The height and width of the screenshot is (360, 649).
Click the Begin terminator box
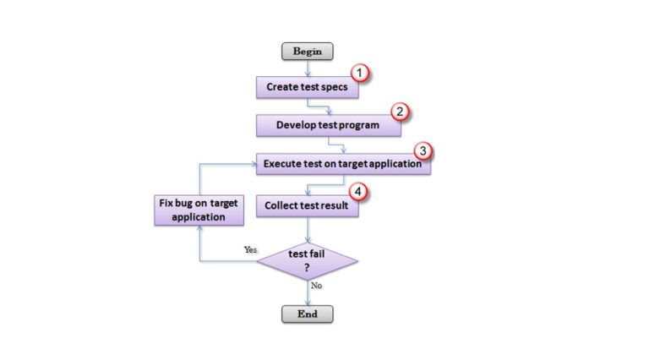[308, 52]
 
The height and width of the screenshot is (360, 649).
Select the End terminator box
[308, 314]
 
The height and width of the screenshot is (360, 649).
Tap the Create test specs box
[307, 86]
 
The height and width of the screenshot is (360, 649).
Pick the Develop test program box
[328, 125]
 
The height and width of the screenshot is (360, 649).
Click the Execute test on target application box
[342, 164]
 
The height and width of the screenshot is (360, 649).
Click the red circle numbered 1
[362, 74]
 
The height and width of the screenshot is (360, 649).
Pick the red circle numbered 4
[360, 193]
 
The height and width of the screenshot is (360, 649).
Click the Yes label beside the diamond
[250, 250]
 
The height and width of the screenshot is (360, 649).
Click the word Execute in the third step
[283, 164]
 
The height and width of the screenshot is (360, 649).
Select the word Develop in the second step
[298, 125]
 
